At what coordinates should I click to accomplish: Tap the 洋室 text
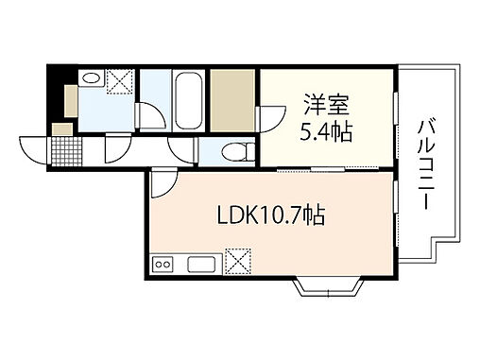320,100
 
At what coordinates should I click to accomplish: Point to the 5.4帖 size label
327,130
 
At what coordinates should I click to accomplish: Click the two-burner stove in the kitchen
163,263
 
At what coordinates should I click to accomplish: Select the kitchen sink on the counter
203,262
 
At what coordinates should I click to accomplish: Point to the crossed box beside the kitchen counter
236,259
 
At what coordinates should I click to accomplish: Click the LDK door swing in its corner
162,181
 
